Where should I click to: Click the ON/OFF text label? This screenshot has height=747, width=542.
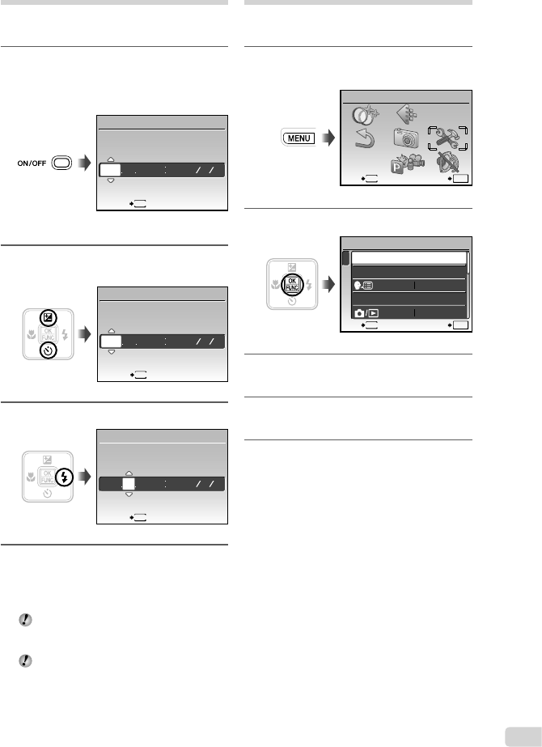[x=32, y=162]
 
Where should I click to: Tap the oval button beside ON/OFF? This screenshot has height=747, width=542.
[x=61, y=162]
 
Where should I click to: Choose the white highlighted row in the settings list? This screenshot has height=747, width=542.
[x=406, y=258]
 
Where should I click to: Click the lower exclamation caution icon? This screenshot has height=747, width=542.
[x=26, y=661]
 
